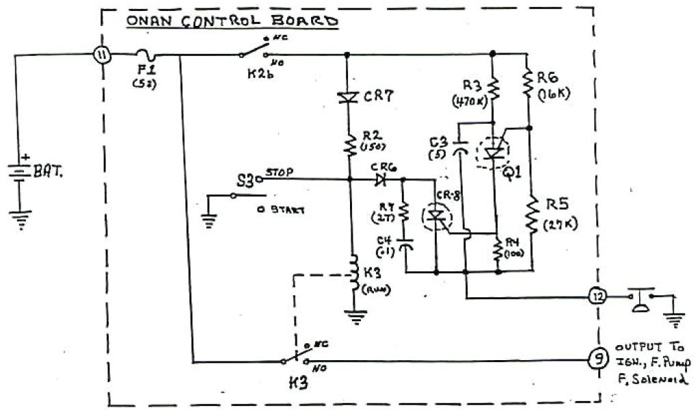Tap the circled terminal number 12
pos(597,298)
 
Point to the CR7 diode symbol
pos(349,98)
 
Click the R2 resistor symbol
pos(349,144)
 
